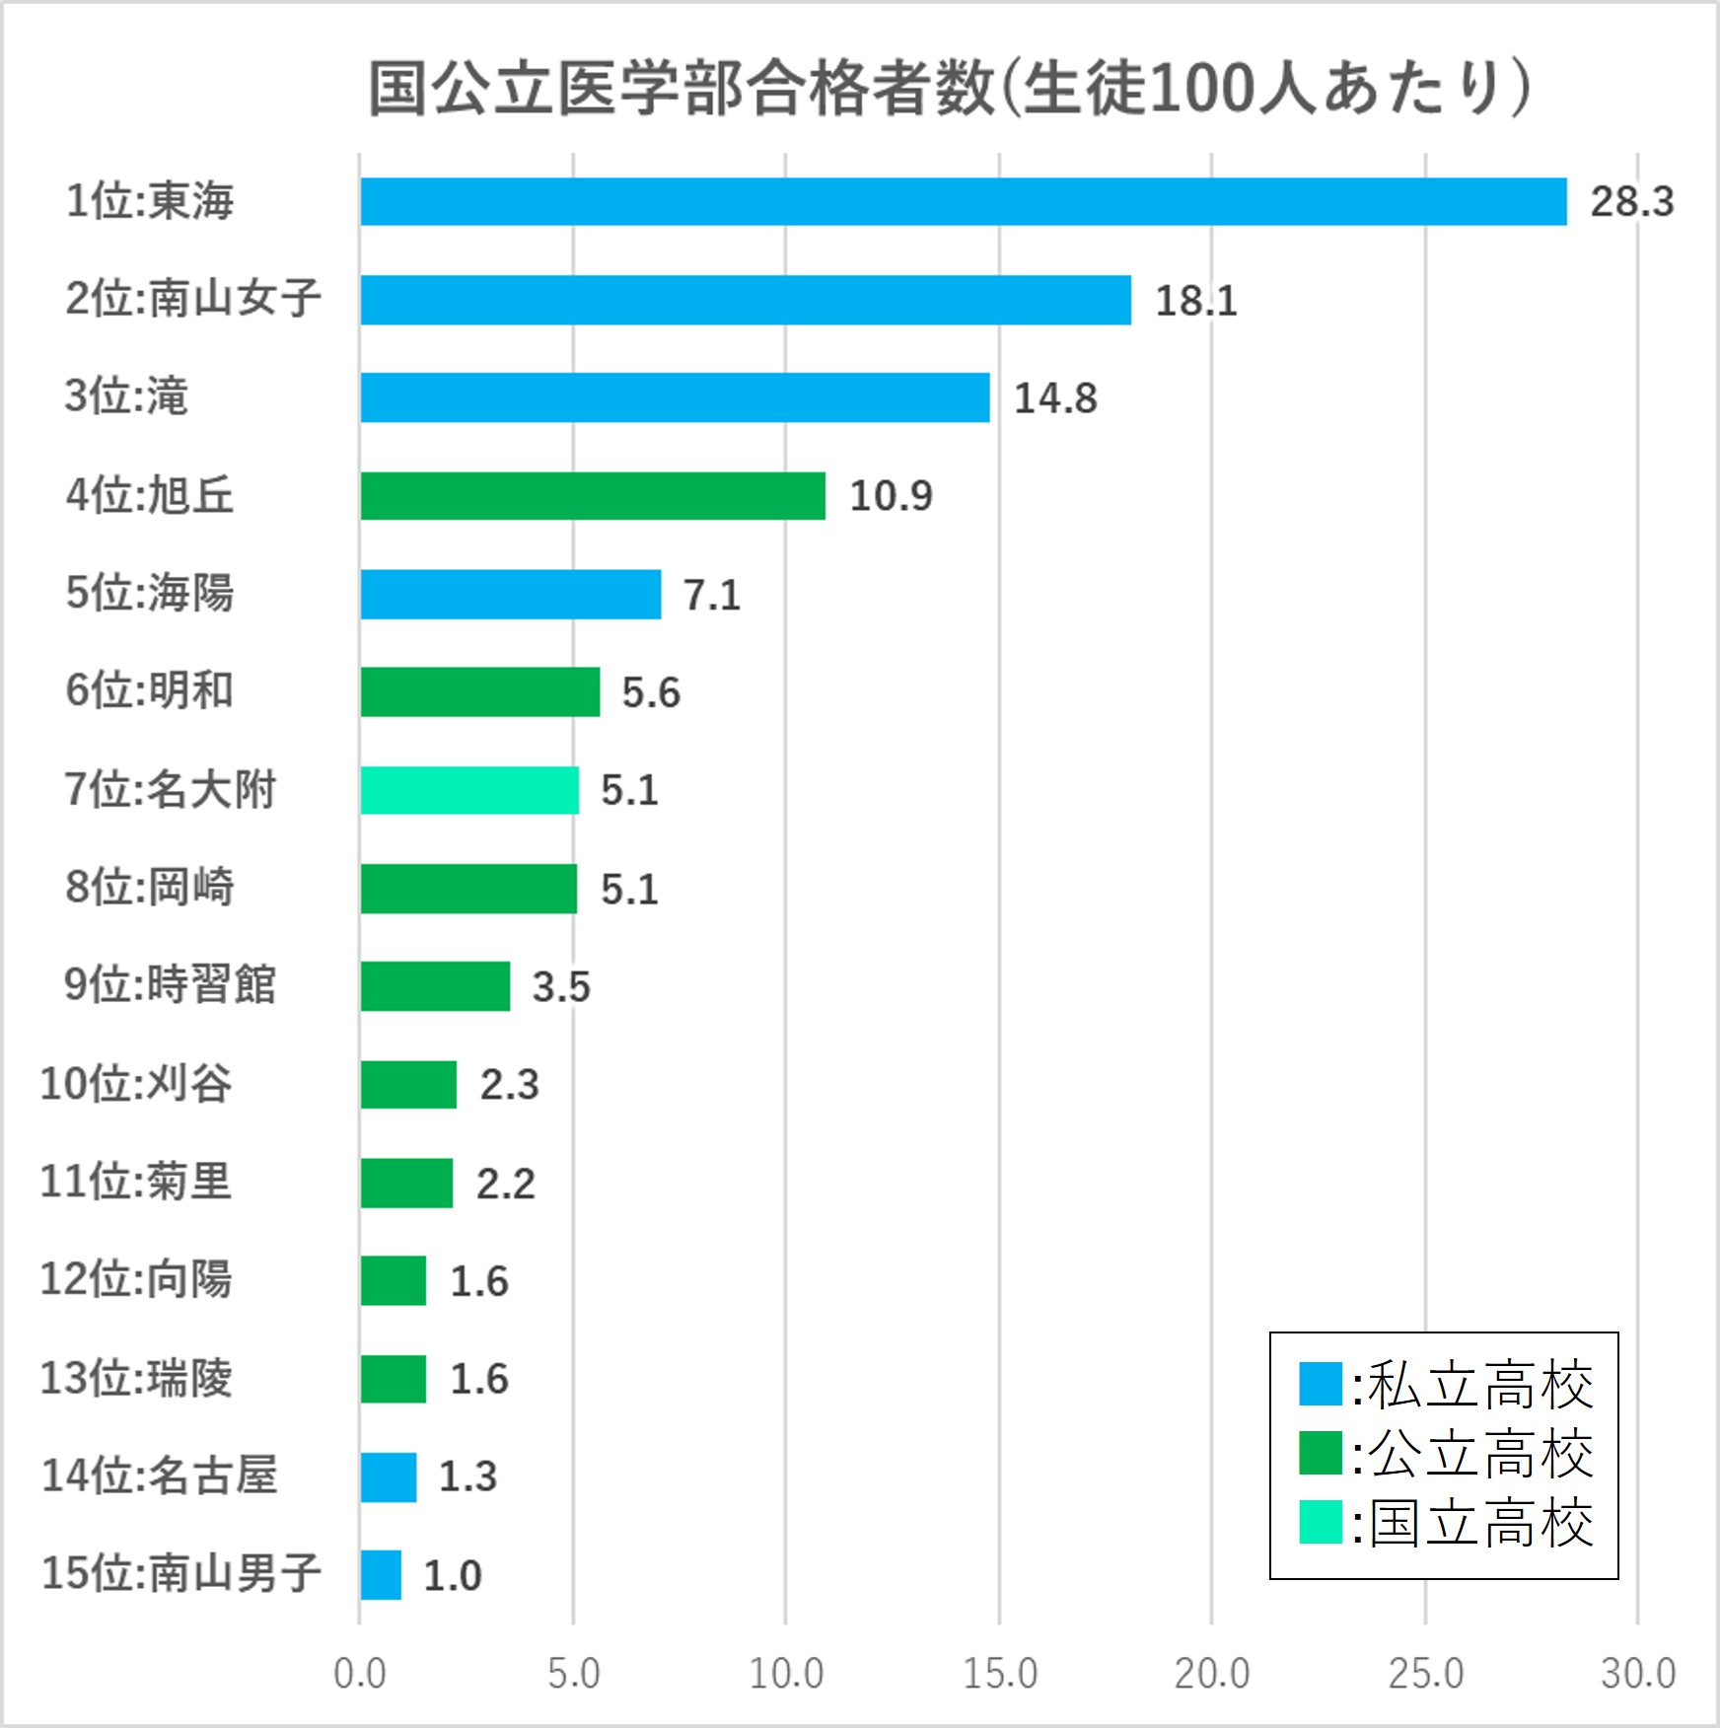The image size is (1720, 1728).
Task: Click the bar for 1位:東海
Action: [x=963, y=202]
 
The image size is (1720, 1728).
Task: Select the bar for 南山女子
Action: [x=745, y=300]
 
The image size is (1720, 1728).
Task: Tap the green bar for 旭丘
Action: [x=592, y=496]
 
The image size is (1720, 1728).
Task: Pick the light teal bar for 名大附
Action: [x=469, y=790]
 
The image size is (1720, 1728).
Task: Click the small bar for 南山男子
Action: [x=381, y=1575]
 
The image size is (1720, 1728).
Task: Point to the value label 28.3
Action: [x=1631, y=202]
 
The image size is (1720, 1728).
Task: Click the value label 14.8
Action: [x=1055, y=398]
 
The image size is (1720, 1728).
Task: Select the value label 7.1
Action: [x=712, y=595]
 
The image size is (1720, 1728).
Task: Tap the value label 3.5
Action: [x=561, y=987]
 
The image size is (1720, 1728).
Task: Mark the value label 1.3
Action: [x=467, y=1476]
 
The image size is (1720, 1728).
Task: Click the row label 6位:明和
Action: [x=149, y=690]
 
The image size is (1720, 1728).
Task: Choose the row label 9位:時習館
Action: [x=170, y=985]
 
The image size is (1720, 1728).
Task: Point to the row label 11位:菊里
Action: [x=135, y=1182]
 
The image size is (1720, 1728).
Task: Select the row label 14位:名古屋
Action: [x=159, y=1476]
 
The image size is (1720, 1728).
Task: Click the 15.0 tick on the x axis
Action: [x=999, y=1674]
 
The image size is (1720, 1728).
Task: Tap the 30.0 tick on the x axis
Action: [x=1637, y=1674]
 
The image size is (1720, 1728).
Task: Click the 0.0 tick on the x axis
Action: [x=360, y=1674]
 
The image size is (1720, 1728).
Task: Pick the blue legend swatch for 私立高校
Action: [x=1320, y=1384]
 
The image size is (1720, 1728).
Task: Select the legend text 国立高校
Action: [x=1480, y=1523]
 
